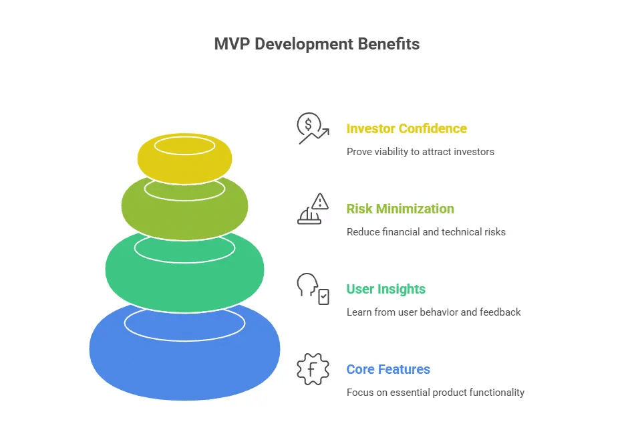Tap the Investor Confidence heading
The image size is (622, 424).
(x=406, y=128)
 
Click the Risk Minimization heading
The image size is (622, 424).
(x=400, y=209)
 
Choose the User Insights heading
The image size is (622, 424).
(x=385, y=289)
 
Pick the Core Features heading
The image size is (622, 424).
(x=388, y=369)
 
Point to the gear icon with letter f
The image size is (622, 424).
(x=313, y=369)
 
